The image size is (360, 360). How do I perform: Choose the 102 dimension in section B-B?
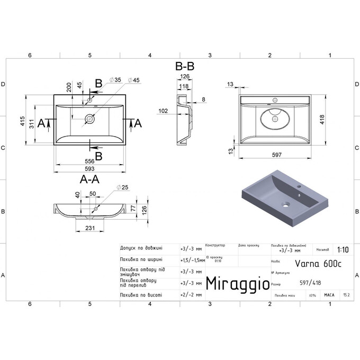click(163, 111)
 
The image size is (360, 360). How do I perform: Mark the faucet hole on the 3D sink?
click(299, 187)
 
